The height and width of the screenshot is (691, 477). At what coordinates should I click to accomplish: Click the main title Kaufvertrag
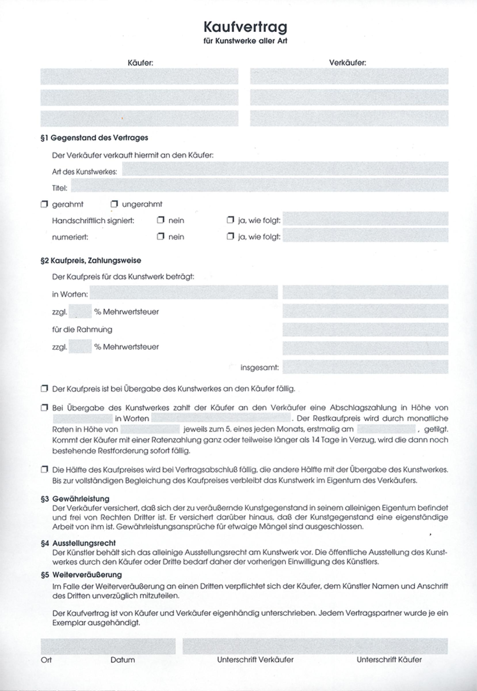pyautogui.click(x=245, y=27)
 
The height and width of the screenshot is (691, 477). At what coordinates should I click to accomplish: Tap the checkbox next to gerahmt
pyautogui.click(x=44, y=204)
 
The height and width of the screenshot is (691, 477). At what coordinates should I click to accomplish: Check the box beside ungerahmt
pyautogui.click(x=114, y=204)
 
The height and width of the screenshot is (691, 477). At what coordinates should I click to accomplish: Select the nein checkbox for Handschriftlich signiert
pyautogui.click(x=161, y=220)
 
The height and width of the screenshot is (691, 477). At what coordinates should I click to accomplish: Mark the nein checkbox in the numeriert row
pyautogui.click(x=161, y=237)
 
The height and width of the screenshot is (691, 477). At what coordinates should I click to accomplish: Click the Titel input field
pyautogui.click(x=260, y=185)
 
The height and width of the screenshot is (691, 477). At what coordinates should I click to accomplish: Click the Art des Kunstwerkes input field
pyautogui.click(x=285, y=169)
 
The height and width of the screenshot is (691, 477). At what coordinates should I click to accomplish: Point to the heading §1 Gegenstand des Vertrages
pyautogui.click(x=94, y=138)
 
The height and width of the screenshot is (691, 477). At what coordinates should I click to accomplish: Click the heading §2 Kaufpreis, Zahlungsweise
pyautogui.click(x=91, y=261)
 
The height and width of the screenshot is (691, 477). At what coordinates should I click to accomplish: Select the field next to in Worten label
pyautogui.click(x=184, y=293)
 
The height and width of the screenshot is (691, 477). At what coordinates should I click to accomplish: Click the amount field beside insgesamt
pyautogui.click(x=365, y=367)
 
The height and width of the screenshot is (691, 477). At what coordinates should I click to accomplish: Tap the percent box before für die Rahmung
pyautogui.click(x=80, y=312)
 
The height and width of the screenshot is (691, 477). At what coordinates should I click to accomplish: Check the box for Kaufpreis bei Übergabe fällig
pyautogui.click(x=44, y=389)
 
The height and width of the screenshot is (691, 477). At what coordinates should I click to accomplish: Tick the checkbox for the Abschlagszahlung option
pyautogui.click(x=44, y=408)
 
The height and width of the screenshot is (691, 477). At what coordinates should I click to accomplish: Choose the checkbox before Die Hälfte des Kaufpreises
pyautogui.click(x=44, y=469)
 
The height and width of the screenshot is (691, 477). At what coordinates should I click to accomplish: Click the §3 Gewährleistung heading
pyautogui.click(x=75, y=499)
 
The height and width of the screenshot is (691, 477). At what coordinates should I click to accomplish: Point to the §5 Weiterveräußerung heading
pyautogui.click(x=81, y=575)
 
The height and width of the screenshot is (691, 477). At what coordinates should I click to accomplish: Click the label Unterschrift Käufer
pyautogui.click(x=389, y=660)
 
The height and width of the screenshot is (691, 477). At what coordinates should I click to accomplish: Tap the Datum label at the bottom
pyautogui.click(x=123, y=660)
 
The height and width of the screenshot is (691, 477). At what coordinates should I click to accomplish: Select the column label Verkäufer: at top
pyautogui.click(x=348, y=63)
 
